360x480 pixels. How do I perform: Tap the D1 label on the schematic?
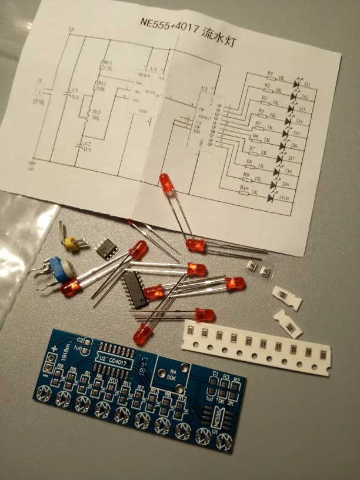pyautogui.click(x=306, y=85)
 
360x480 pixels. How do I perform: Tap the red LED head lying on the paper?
pyautogui.click(x=167, y=184)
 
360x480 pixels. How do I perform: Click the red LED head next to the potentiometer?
pyautogui.click(x=69, y=289)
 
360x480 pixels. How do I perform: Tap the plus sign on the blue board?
pyautogui.click(x=55, y=349)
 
